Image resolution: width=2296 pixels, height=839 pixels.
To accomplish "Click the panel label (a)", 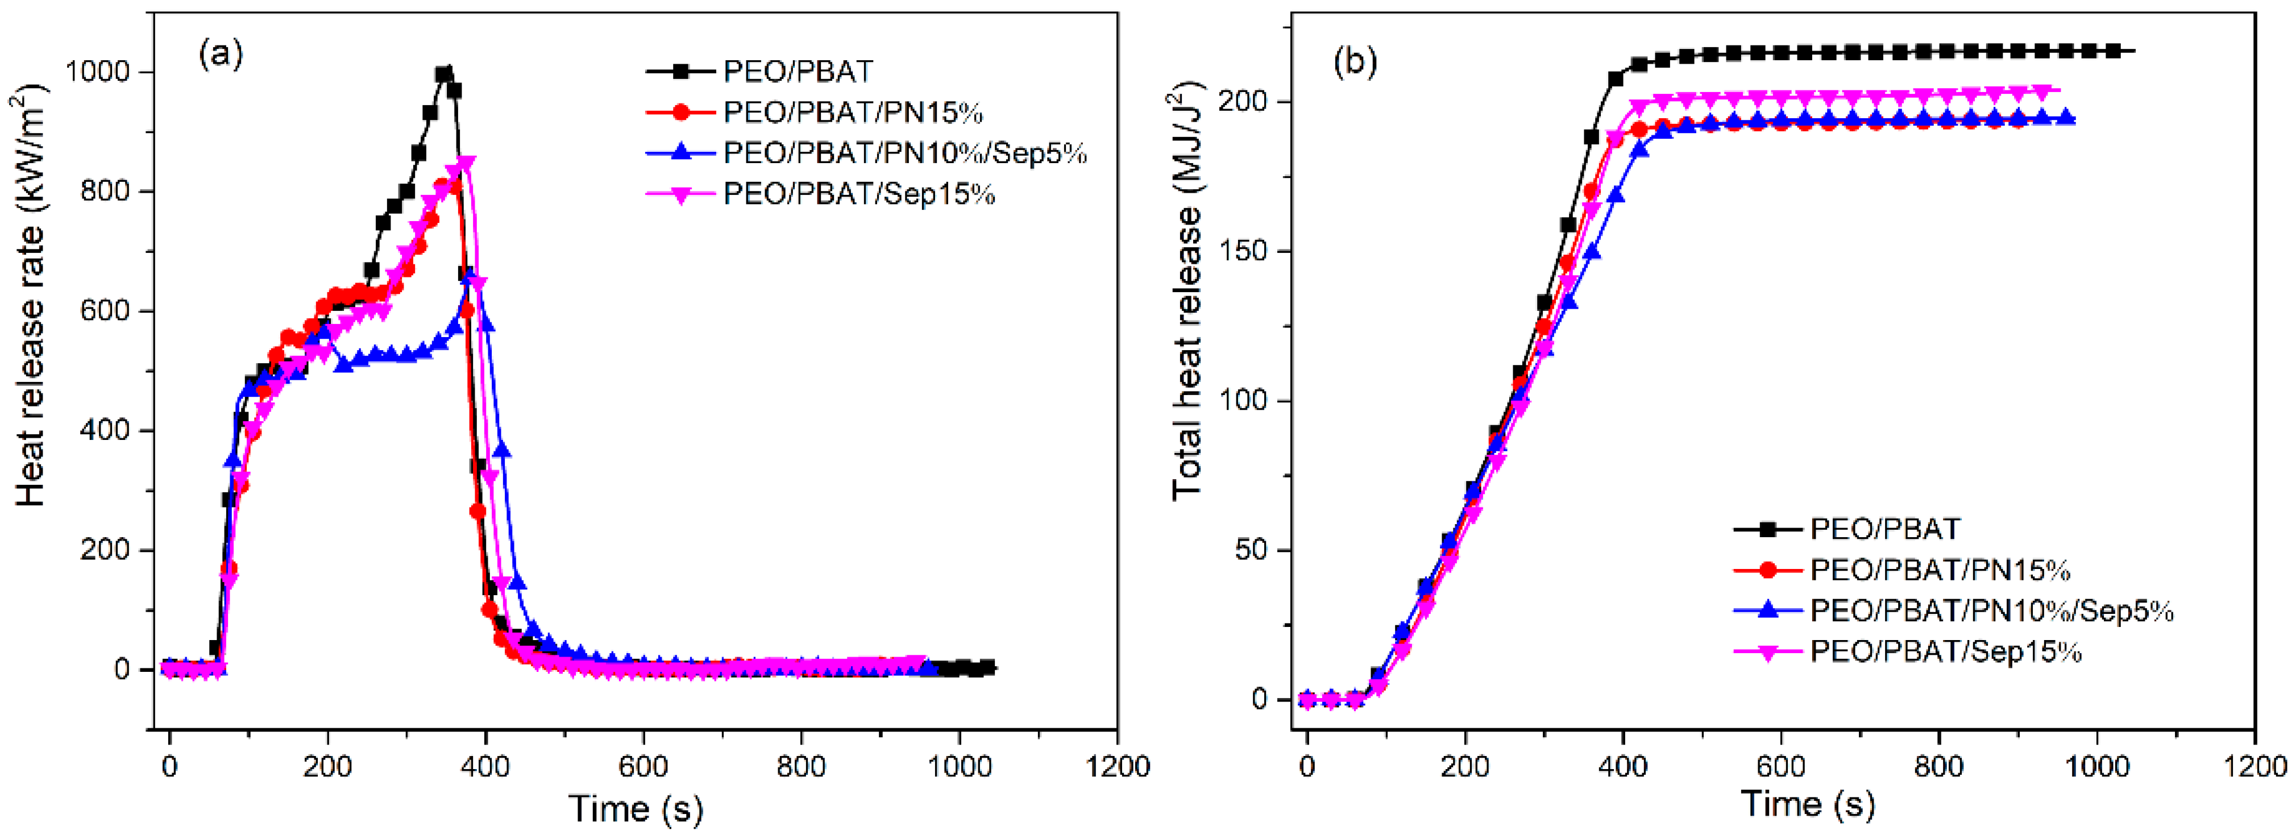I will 220,55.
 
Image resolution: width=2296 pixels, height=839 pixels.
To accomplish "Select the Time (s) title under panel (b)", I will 1808,804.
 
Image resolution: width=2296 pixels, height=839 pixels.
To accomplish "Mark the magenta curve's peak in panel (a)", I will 465,163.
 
